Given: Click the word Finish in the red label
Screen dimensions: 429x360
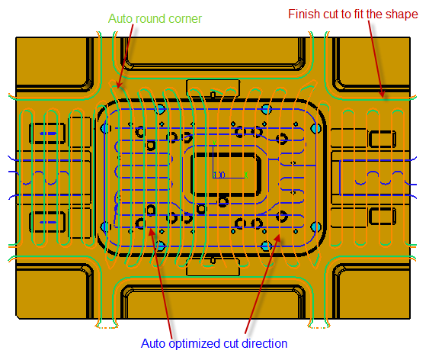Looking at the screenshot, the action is tap(304, 14).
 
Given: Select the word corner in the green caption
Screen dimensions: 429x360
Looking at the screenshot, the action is tap(185, 19).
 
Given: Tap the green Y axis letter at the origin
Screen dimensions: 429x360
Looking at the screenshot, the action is tap(215, 143).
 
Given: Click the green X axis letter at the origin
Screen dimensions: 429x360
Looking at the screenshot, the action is tap(246, 175).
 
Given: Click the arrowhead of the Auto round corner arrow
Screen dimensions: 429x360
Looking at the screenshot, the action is tap(119, 85).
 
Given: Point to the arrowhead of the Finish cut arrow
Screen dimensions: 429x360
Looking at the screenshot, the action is tap(383, 94).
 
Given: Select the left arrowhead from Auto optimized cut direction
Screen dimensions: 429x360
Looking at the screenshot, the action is tap(151, 231).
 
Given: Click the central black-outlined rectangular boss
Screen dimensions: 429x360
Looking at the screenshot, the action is tap(226, 175).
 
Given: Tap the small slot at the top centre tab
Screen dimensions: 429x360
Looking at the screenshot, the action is tap(213, 95).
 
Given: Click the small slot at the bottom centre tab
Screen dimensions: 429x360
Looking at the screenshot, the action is tap(213, 260).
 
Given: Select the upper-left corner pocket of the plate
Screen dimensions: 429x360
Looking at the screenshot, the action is tap(54, 63).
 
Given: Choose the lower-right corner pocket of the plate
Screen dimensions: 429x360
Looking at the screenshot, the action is tap(372, 291).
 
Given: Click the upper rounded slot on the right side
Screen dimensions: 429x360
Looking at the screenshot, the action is tap(382, 139).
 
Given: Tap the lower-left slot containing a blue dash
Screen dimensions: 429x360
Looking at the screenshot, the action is tap(47, 222).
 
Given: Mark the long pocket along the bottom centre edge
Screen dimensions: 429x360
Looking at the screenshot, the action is tap(213, 301).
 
